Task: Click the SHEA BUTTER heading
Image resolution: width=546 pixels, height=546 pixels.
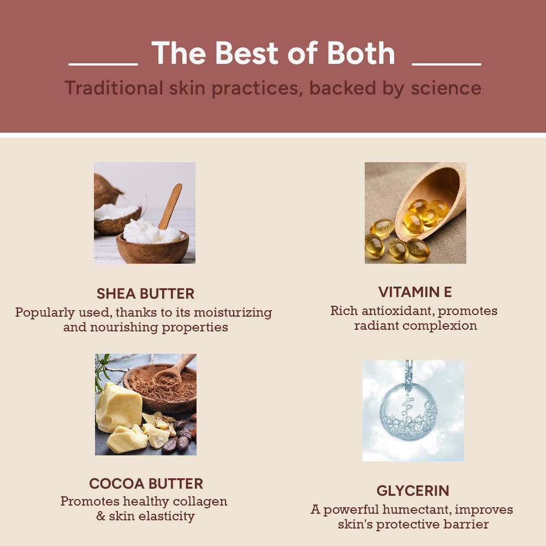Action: coord(145,294)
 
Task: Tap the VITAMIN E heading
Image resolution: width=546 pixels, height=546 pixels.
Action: coord(415,292)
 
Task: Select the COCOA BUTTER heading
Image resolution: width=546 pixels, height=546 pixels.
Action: coord(146,484)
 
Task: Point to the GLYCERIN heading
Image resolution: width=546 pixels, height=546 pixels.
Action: coord(413,490)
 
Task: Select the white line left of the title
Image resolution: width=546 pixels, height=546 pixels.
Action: coord(103,64)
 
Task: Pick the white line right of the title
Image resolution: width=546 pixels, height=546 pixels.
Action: coord(446,64)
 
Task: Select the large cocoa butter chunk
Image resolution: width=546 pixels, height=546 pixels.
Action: coord(118,407)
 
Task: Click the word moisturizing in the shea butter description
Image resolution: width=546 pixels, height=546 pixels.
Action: coord(233,313)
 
